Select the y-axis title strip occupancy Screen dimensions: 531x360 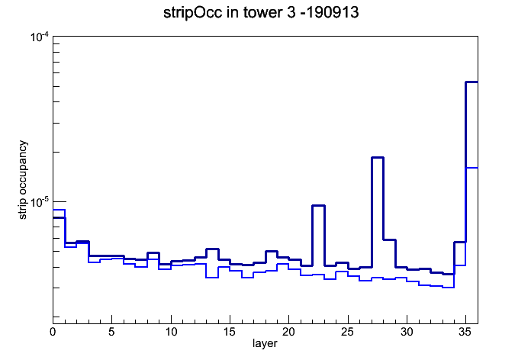pyautogui.click(x=23, y=180)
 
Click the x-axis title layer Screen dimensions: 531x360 pyautogui.click(x=265, y=343)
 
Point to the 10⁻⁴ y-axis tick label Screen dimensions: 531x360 pyautogui.click(x=40, y=37)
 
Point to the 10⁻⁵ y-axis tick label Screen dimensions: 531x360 pyautogui.click(x=40, y=202)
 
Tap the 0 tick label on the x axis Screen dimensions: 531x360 pyautogui.click(x=53, y=332)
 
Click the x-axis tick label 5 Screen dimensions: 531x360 pyautogui.click(x=111, y=332)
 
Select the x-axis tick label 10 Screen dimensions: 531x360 pyautogui.click(x=171, y=332)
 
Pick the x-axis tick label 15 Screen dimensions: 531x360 pyautogui.click(x=230, y=332)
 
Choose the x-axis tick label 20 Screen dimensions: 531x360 pyautogui.click(x=288, y=332)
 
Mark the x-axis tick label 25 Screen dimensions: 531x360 pyautogui.click(x=347, y=332)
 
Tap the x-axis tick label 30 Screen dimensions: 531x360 pyautogui.click(x=407, y=332)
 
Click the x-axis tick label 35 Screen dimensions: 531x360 pyautogui.click(x=465, y=332)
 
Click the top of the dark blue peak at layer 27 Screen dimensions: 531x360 pyautogui.click(x=377, y=157)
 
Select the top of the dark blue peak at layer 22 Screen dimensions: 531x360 pyautogui.click(x=318, y=206)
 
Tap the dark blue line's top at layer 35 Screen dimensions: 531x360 pyautogui.click(x=471, y=82)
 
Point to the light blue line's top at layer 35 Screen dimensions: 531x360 pyautogui.click(x=471, y=168)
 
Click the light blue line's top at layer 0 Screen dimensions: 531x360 pyautogui.click(x=59, y=210)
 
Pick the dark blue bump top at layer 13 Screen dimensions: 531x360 pyautogui.click(x=212, y=249)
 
